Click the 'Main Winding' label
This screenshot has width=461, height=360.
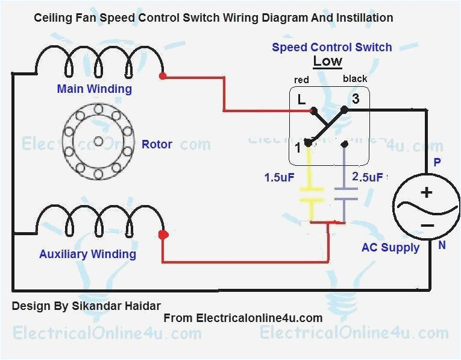(94, 89)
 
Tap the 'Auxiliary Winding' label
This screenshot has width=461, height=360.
(87, 254)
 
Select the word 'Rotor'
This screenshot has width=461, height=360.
(157, 145)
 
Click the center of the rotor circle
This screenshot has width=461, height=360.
(98, 142)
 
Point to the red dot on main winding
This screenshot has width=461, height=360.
(162, 76)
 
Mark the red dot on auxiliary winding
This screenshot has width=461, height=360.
(162, 235)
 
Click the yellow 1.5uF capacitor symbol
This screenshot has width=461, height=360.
(312, 195)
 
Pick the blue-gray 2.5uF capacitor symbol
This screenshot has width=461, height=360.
(345, 194)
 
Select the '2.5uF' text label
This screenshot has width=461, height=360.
(367, 178)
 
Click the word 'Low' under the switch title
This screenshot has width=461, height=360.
(327, 62)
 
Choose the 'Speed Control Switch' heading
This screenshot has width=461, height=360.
(331, 47)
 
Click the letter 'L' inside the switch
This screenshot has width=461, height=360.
(301, 99)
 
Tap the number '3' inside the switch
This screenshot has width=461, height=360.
(356, 99)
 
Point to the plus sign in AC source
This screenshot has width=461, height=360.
(427, 193)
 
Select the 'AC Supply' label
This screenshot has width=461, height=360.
(390, 248)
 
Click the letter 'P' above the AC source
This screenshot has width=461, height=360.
(438, 163)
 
